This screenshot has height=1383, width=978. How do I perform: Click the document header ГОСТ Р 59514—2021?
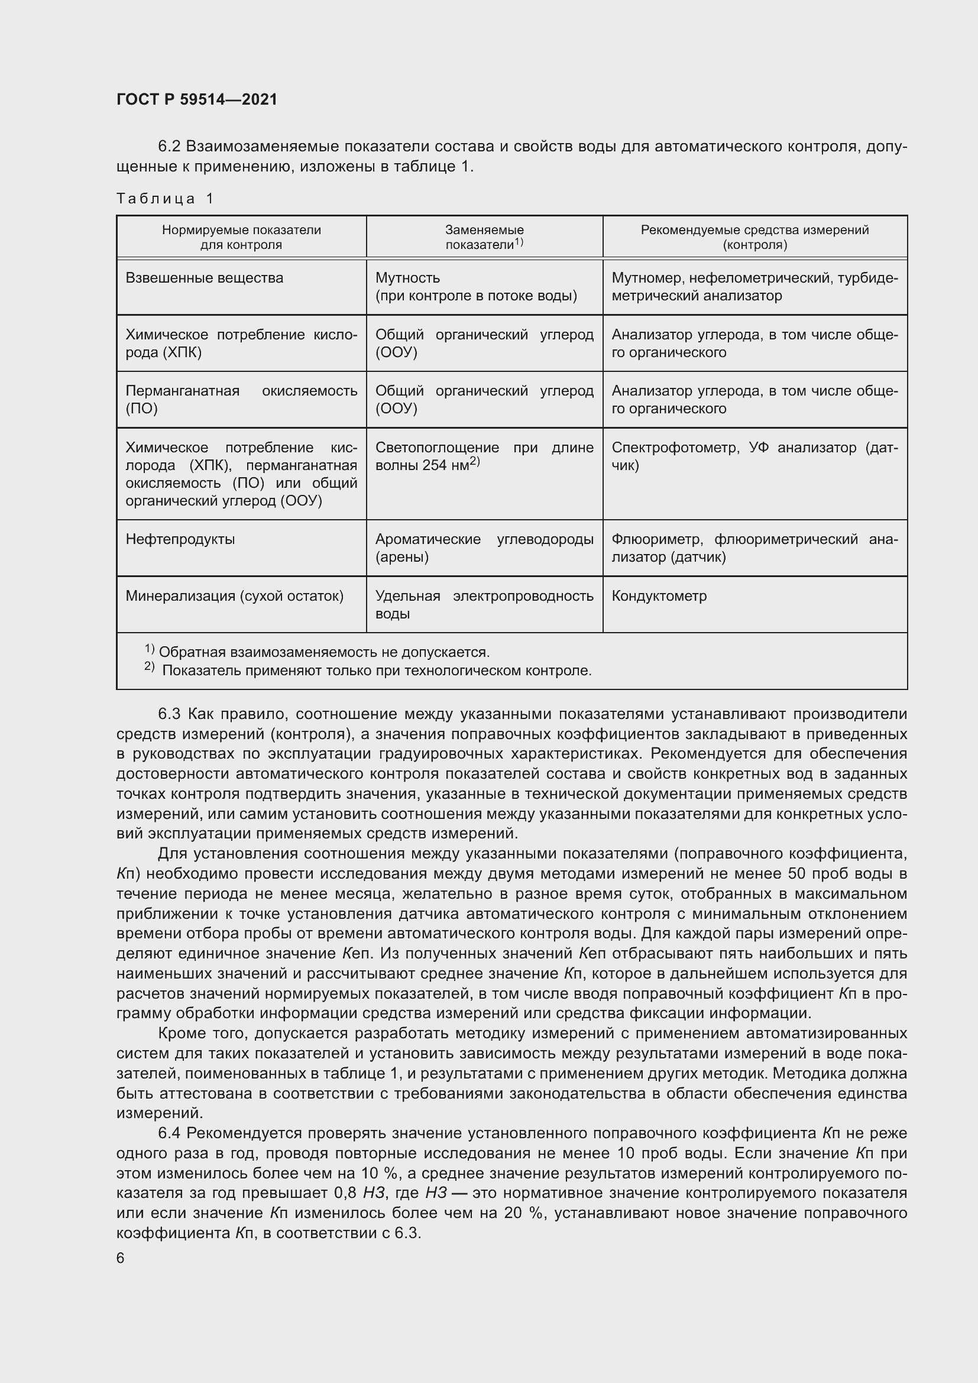coord(197,99)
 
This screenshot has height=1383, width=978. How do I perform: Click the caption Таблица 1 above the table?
coord(165,199)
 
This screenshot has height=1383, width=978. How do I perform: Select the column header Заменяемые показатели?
coord(484,237)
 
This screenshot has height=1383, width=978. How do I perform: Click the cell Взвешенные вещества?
coord(204,278)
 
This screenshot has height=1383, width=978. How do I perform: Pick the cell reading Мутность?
coord(408,278)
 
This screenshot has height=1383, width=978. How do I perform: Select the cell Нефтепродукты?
coord(180,539)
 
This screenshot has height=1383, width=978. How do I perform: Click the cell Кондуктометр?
coord(659,596)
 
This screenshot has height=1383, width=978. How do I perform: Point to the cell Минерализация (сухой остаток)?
coord(234,596)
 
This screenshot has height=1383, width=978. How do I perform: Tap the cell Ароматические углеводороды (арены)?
coord(484,548)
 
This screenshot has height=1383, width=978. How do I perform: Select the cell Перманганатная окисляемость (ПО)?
coord(241,399)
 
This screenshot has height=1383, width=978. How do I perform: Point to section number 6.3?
coord(169,714)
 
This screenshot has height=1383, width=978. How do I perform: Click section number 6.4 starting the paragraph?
coord(169,1133)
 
